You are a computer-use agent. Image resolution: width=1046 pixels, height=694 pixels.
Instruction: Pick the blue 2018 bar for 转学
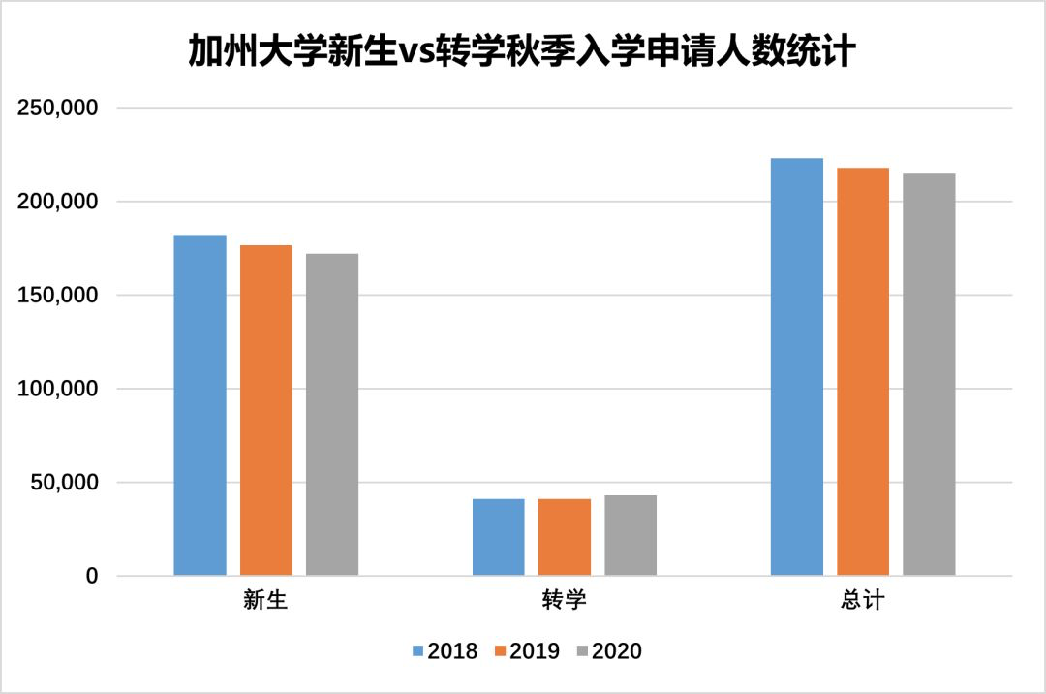pos(499,537)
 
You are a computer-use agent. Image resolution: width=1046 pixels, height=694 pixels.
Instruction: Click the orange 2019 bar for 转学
pos(565,537)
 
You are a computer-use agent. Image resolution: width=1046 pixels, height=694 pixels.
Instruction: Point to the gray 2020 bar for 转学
pos(631,536)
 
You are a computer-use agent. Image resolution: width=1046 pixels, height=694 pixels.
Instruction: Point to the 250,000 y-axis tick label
pos(59,109)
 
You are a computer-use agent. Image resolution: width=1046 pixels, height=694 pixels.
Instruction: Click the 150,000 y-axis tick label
pos(59,296)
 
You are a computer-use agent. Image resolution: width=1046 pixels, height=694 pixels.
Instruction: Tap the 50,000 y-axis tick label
pos(65,483)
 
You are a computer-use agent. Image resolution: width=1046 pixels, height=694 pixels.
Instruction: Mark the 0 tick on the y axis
pos(92,577)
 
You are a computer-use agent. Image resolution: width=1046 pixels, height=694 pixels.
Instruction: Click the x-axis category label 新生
pos(265,601)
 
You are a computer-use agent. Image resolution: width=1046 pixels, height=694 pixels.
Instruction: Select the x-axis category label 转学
pos(565,601)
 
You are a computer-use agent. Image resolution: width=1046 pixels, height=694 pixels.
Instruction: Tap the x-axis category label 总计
pos(863,601)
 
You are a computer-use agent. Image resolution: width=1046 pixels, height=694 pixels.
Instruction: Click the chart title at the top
pos(522,51)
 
